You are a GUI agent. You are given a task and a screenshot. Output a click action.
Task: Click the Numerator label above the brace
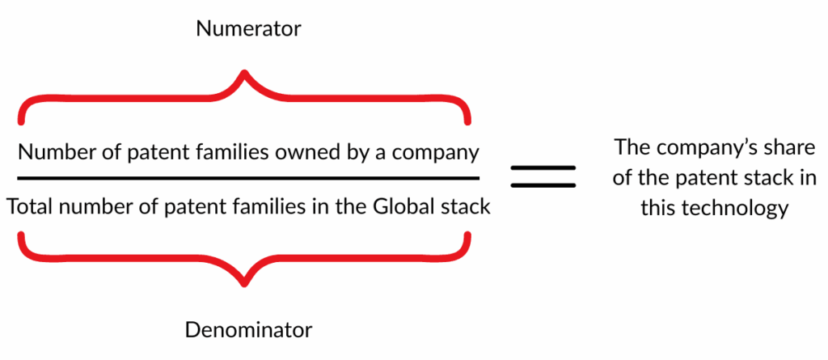[x=248, y=29]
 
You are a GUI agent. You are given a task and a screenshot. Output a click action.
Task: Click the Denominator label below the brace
[x=248, y=330]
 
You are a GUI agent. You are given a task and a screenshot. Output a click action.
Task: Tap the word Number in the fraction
[x=49, y=153]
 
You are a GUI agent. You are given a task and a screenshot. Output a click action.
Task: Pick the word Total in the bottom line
[x=30, y=206]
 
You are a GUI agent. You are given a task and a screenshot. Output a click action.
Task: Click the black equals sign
[x=543, y=177]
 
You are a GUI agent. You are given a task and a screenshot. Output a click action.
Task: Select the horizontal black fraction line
[x=248, y=179]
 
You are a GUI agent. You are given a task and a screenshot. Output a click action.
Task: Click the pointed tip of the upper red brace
[x=244, y=71]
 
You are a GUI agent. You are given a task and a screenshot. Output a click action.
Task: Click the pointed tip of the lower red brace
[x=244, y=286]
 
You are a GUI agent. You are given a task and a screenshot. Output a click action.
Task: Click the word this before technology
[x=660, y=208]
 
